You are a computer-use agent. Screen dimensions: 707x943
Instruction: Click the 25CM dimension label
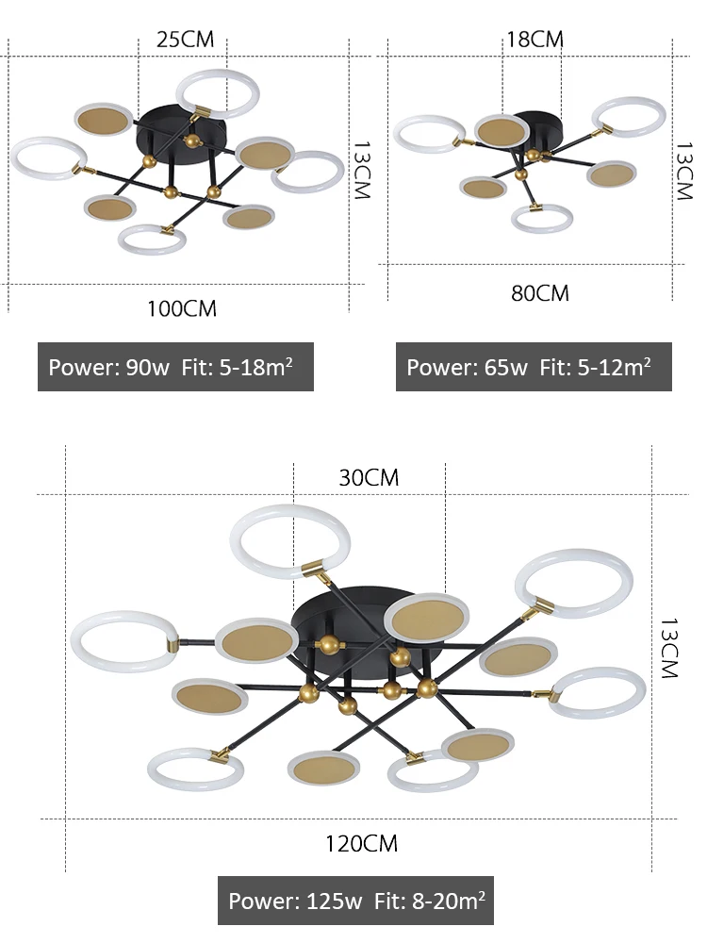tap(185, 40)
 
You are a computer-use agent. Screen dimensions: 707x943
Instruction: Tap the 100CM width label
tap(182, 308)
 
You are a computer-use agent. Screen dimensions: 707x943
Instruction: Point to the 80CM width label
tap(540, 293)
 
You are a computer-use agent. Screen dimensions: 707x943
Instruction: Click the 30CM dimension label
tap(369, 477)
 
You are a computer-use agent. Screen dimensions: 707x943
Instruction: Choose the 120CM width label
tap(361, 843)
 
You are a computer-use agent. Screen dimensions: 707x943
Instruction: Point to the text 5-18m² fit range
tap(256, 366)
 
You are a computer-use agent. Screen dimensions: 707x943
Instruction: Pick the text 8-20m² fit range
tap(447, 901)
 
